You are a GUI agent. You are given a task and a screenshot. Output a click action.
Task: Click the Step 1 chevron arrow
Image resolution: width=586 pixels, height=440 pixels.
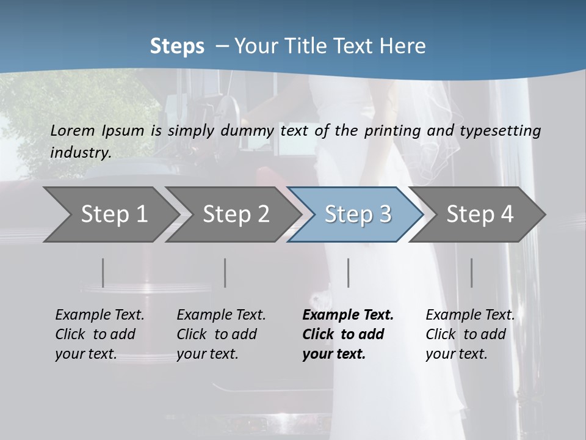(110, 215)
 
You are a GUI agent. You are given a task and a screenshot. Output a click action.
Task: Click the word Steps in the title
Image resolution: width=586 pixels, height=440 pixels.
(177, 46)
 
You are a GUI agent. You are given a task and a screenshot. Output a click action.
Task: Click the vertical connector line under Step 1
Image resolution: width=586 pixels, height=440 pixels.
(103, 273)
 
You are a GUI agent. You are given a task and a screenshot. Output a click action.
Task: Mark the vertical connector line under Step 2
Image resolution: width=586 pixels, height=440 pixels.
(225, 273)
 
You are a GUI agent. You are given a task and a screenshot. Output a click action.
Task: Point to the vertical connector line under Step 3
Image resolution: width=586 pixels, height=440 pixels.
(349, 273)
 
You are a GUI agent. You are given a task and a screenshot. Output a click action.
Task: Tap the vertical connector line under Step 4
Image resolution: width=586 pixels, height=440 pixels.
(472, 273)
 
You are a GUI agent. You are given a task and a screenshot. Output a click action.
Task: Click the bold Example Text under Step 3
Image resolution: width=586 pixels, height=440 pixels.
(348, 315)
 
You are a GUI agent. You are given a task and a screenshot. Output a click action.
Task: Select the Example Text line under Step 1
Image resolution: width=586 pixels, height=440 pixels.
(99, 315)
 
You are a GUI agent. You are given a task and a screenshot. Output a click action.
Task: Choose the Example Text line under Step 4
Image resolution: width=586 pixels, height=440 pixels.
(470, 315)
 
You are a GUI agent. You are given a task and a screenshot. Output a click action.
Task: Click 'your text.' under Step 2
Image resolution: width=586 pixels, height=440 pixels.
(207, 354)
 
